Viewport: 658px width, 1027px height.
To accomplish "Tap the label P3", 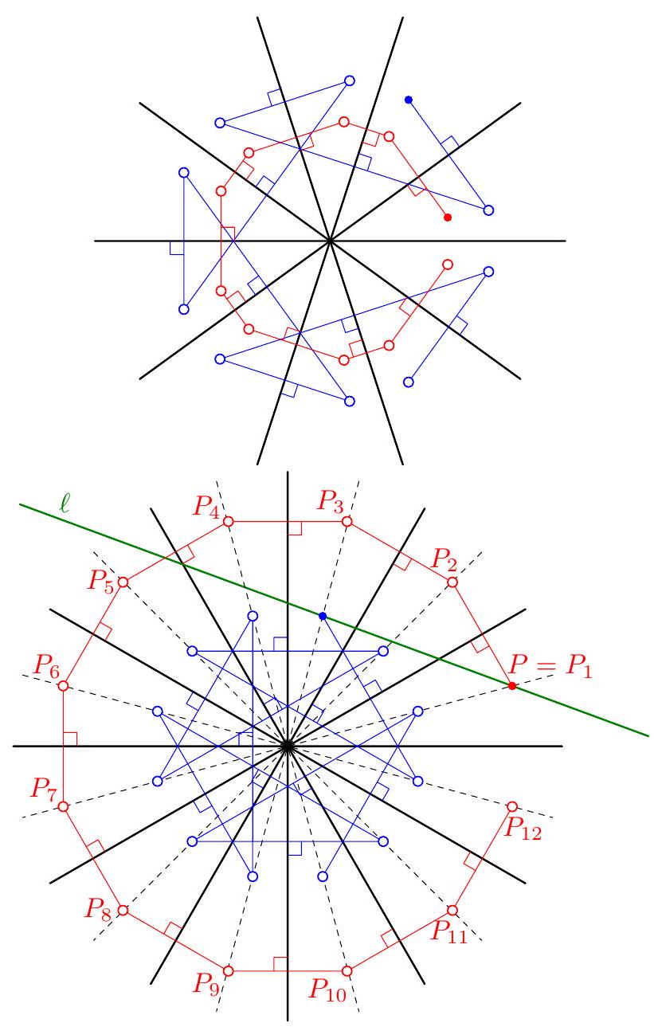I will [x=328, y=502].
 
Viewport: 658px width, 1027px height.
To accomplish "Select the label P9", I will [x=206, y=980].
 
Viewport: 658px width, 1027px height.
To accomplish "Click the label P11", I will [x=449, y=929].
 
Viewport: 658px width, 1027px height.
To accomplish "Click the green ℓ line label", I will [x=63, y=504].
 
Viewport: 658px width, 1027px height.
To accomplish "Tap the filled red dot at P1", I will [x=511, y=685].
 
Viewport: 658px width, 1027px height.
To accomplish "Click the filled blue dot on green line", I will [x=323, y=616].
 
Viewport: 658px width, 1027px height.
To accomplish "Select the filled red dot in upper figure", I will [x=448, y=218].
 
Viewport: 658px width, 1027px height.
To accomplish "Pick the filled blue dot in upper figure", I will [x=409, y=100].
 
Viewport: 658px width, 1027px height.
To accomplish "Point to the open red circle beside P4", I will [x=228, y=521].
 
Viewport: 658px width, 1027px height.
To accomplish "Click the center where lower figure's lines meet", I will [x=287, y=746].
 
